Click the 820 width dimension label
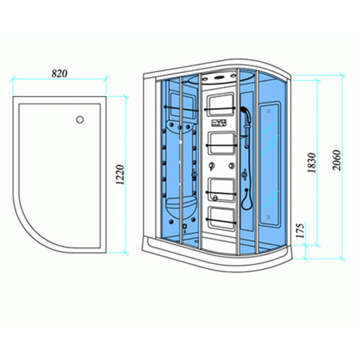pyautogui.click(x=59, y=73)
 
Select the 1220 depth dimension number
pyautogui.click(x=120, y=175)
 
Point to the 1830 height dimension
pyautogui.click(x=312, y=163)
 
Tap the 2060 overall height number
pyautogui.click(x=337, y=160)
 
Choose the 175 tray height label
pyautogui.click(x=300, y=230)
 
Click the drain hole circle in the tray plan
pyautogui.click(x=80, y=120)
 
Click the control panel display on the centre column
pyautogui.click(x=219, y=123)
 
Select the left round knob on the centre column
pyautogui.click(x=211, y=166)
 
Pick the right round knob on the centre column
pyautogui.click(x=231, y=165)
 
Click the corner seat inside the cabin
pyautogui.click(x=180, y=203)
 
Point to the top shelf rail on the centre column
pyautogui.click(x=220, y=108)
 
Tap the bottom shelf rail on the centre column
pyautogui.click(x=221, y=221)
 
